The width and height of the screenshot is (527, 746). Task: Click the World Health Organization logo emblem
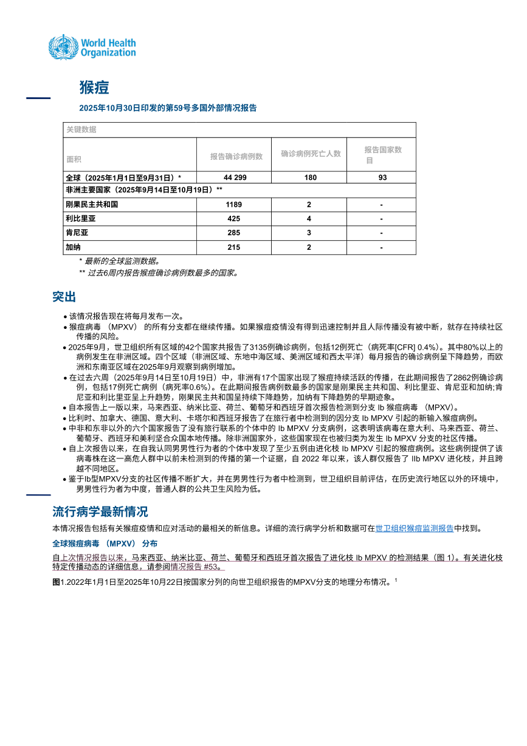click(x=63, y=47)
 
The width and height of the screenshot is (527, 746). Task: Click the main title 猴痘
click(x=94, y=88)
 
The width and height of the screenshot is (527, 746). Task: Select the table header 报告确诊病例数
click(x=236, y=156)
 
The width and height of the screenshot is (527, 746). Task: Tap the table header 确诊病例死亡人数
click(x=311, y=154)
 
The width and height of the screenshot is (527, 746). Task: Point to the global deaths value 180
click(x=310, y=178)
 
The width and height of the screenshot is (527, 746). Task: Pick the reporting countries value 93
click(x=382, y=178)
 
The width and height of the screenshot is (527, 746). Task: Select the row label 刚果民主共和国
click(x=92, y=204)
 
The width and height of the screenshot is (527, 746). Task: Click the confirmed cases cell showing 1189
click(x=235, y=204)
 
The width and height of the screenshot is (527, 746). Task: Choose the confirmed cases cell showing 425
click(x=235, y=219)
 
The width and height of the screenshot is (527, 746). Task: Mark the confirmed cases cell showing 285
click(x=235, y=233)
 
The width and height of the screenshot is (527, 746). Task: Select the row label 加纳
click(x=74, y=247)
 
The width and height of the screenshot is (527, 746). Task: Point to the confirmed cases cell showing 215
click(x=235, y=247)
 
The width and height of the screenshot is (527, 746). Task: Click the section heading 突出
click(x=64, y=297)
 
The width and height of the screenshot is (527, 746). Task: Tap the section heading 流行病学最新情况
click(x=100, y=511)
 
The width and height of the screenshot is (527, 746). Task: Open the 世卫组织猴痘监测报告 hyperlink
click(x=415, y=529)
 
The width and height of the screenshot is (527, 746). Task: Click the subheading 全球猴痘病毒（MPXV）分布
click(x=105, y=543)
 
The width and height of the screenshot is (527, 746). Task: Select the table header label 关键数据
click(x=81, y=130)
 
